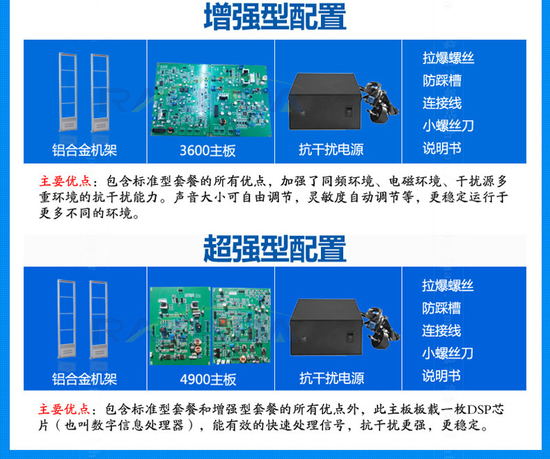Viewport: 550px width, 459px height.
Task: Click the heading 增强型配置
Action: (275, 16)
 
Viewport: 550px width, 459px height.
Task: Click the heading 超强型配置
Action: (275, 249)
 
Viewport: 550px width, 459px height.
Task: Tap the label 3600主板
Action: (208, 150)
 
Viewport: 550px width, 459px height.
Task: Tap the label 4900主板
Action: (208, 379)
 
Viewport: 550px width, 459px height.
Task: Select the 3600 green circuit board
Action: (211, 100)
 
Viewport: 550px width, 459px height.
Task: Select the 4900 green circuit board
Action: (210, 326)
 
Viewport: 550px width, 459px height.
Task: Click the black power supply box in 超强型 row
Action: (325, 327)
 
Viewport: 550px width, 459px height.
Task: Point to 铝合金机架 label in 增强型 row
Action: (85, 150)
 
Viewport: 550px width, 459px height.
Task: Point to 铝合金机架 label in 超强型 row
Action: (85, 379)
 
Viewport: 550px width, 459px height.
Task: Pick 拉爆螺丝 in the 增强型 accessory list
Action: (448, 58)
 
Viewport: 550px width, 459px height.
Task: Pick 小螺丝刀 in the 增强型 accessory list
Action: (448, 126)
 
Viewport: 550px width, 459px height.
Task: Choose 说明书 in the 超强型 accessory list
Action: (441, 376)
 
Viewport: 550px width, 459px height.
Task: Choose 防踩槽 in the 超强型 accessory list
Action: (441, 309)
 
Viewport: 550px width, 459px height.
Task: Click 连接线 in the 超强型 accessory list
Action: (441, 331)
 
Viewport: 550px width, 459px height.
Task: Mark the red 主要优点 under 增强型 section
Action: (65, 181)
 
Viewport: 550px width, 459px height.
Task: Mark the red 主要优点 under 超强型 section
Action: (65, 409)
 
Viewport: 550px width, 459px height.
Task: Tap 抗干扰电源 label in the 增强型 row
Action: (331, 150)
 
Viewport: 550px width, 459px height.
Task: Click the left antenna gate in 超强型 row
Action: (67, 319)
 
